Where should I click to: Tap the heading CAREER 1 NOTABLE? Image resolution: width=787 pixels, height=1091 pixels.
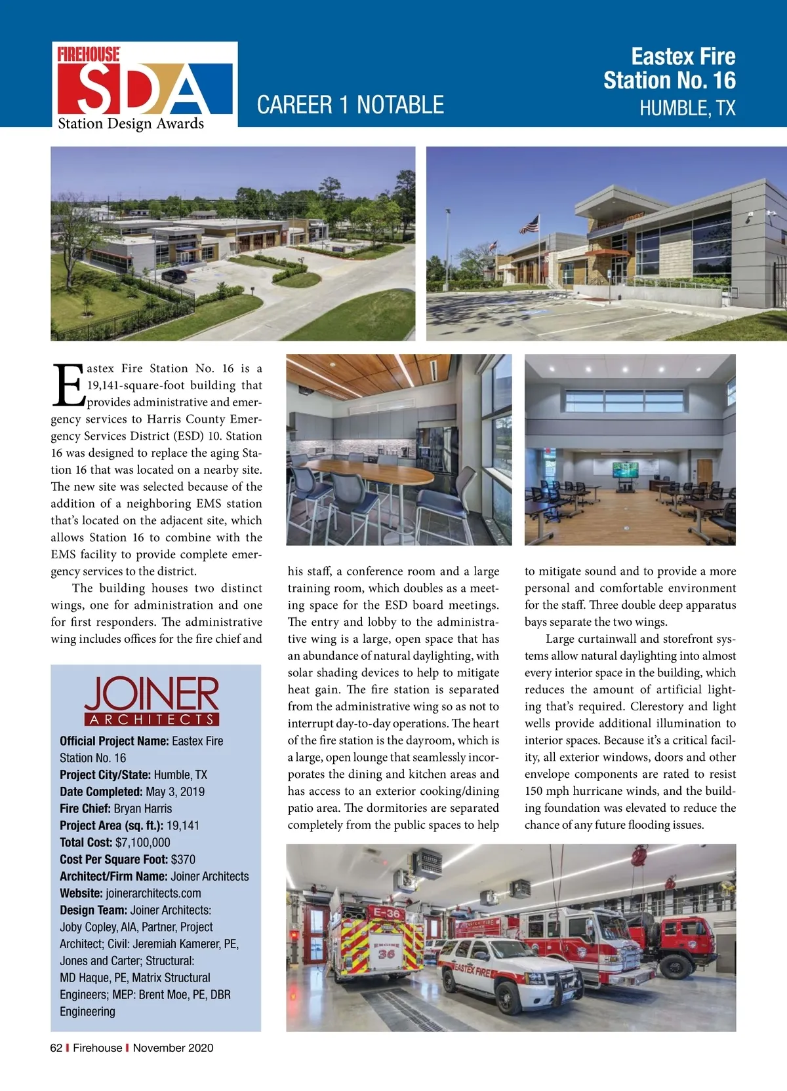point(350,105)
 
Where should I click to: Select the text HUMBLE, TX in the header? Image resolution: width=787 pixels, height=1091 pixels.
point(687,108)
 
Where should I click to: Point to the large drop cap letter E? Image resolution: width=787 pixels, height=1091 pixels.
point(68,385)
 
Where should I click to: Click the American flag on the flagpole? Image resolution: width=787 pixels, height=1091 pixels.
point(529,225)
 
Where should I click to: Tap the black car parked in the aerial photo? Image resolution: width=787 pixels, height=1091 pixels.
point(174,275)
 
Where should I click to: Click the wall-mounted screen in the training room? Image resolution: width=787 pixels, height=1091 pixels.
point(624,470)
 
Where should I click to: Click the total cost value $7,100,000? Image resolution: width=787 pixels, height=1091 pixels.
point(142,843)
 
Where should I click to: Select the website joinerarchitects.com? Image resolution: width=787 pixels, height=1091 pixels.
point(153,893)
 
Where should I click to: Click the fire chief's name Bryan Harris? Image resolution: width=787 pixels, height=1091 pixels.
point(143,809)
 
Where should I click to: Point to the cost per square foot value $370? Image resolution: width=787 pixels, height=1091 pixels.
point(183,860)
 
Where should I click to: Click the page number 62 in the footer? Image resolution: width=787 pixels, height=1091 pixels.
point(56,1048)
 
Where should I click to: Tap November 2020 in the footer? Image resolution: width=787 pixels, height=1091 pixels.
point(173,1048)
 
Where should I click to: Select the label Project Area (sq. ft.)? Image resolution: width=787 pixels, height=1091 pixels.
point(111,826)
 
